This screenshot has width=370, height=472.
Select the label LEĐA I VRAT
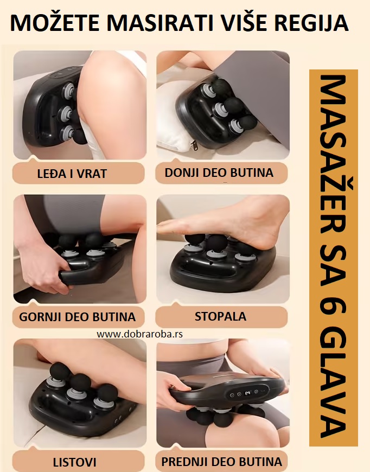pos(72,174)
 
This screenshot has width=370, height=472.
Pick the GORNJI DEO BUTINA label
pos(78,317)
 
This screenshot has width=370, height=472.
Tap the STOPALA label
pos(220,316)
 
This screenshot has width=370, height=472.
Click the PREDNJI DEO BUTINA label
pos(221,462)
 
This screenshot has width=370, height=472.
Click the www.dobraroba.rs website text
pos(140,334)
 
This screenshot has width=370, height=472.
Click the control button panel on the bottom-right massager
pos(247,394)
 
